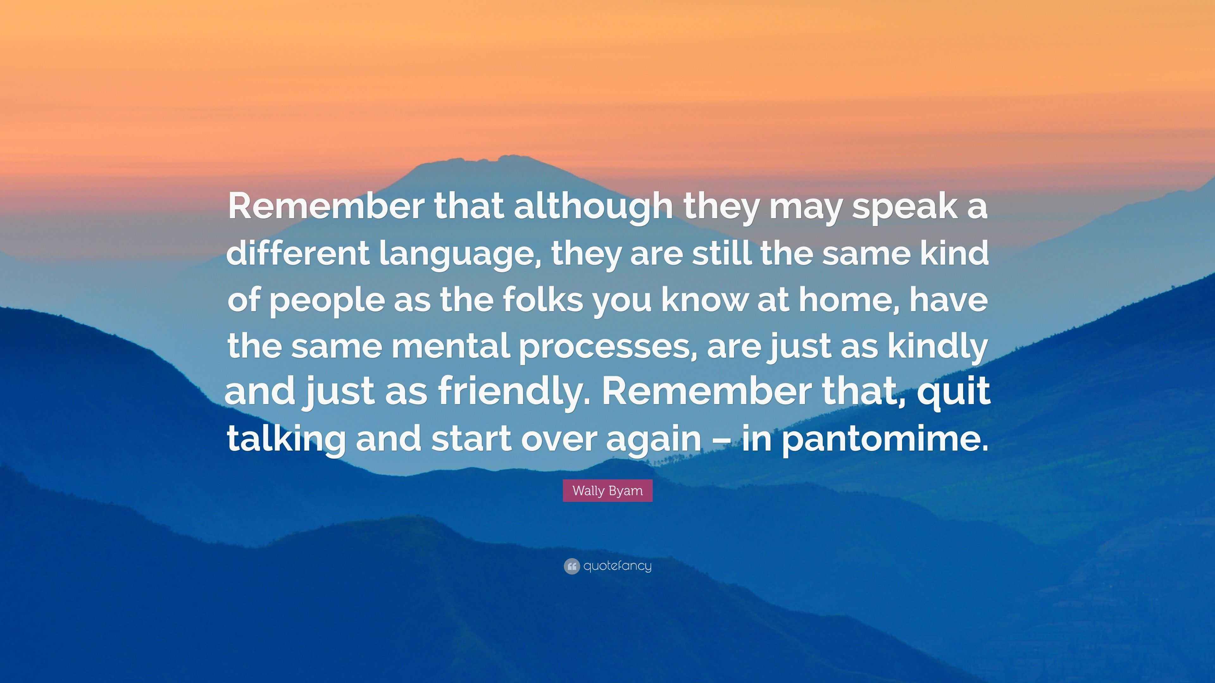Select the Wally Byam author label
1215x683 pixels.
(607, 491)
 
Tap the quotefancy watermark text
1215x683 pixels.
(617, 566)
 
